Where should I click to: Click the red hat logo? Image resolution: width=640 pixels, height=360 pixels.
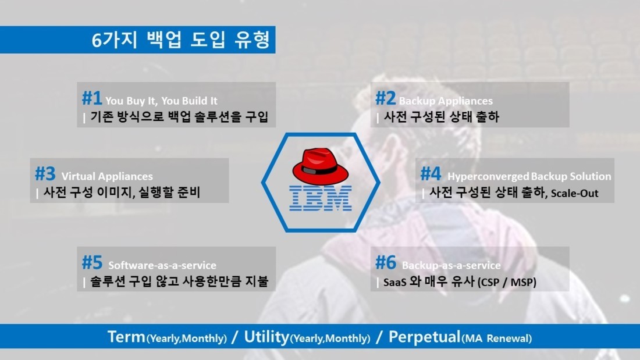[321, 166]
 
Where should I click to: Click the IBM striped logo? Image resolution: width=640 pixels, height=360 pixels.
[321, 198]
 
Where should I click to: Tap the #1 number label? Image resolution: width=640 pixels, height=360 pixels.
[92, 98]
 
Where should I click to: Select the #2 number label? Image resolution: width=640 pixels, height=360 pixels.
[385, 98]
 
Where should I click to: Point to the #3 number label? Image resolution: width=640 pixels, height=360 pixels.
[45, 173]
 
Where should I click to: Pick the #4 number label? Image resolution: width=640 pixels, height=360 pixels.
[431, 173]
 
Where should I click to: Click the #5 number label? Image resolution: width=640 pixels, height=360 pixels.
[92, 262]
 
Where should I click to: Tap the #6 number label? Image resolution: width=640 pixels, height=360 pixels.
[386, 262]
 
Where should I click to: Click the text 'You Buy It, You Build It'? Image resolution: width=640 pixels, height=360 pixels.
[161, 101]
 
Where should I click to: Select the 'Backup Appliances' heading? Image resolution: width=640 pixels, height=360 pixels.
[446, 101]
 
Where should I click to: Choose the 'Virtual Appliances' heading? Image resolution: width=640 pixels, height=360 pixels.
[107, 176]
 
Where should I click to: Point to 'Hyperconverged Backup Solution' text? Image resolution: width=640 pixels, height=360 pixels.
[529, 176]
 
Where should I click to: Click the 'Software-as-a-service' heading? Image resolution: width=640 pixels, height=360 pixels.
[162, 265]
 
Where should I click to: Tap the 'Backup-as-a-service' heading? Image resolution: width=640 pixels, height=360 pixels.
[451, 265]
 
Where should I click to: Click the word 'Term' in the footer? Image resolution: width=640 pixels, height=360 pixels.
[126, 337]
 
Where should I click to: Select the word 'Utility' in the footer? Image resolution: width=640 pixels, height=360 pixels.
[266, 337]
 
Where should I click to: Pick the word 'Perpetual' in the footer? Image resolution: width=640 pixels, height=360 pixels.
[425, 337]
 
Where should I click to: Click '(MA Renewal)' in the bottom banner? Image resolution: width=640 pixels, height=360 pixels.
[496, 338]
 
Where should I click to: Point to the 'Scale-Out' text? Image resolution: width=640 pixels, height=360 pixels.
[575, 194]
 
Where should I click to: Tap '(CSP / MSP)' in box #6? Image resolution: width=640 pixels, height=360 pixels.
[507, 282]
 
